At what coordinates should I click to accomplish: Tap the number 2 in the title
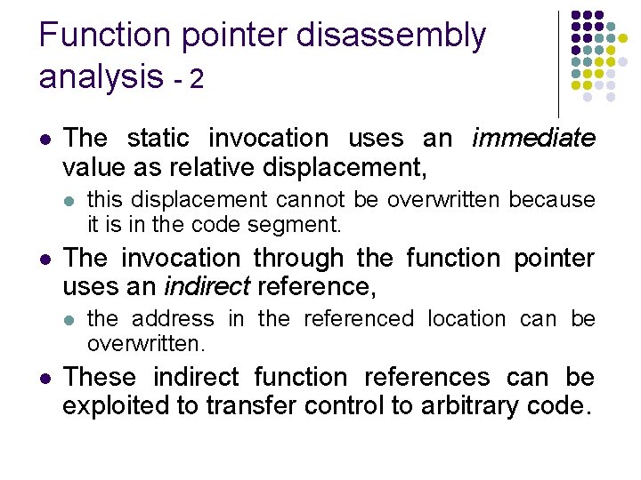[x=197, y=80]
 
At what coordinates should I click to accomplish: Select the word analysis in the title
[x=101, y=78]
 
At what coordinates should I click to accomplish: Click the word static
[x=162, y=139]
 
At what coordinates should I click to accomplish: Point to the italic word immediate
[x=533, y=139]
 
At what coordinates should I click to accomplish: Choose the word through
[x=301, y=259]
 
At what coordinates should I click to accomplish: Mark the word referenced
[x=359, y=319]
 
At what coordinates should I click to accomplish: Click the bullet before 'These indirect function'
[x=45, y=379]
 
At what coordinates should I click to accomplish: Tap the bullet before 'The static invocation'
[x=45, y=140]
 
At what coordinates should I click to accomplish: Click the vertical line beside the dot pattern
[x=558, y=63]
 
